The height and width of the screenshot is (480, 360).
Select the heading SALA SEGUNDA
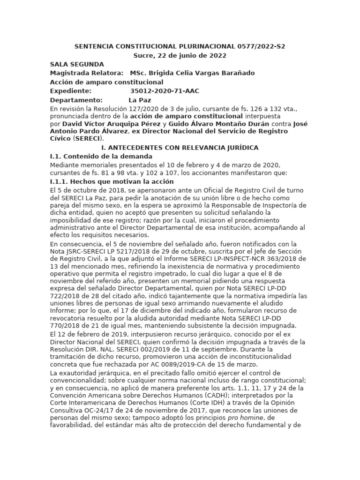pos(77,64)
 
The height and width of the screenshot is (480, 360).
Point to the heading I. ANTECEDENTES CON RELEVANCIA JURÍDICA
pos(180,148)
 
